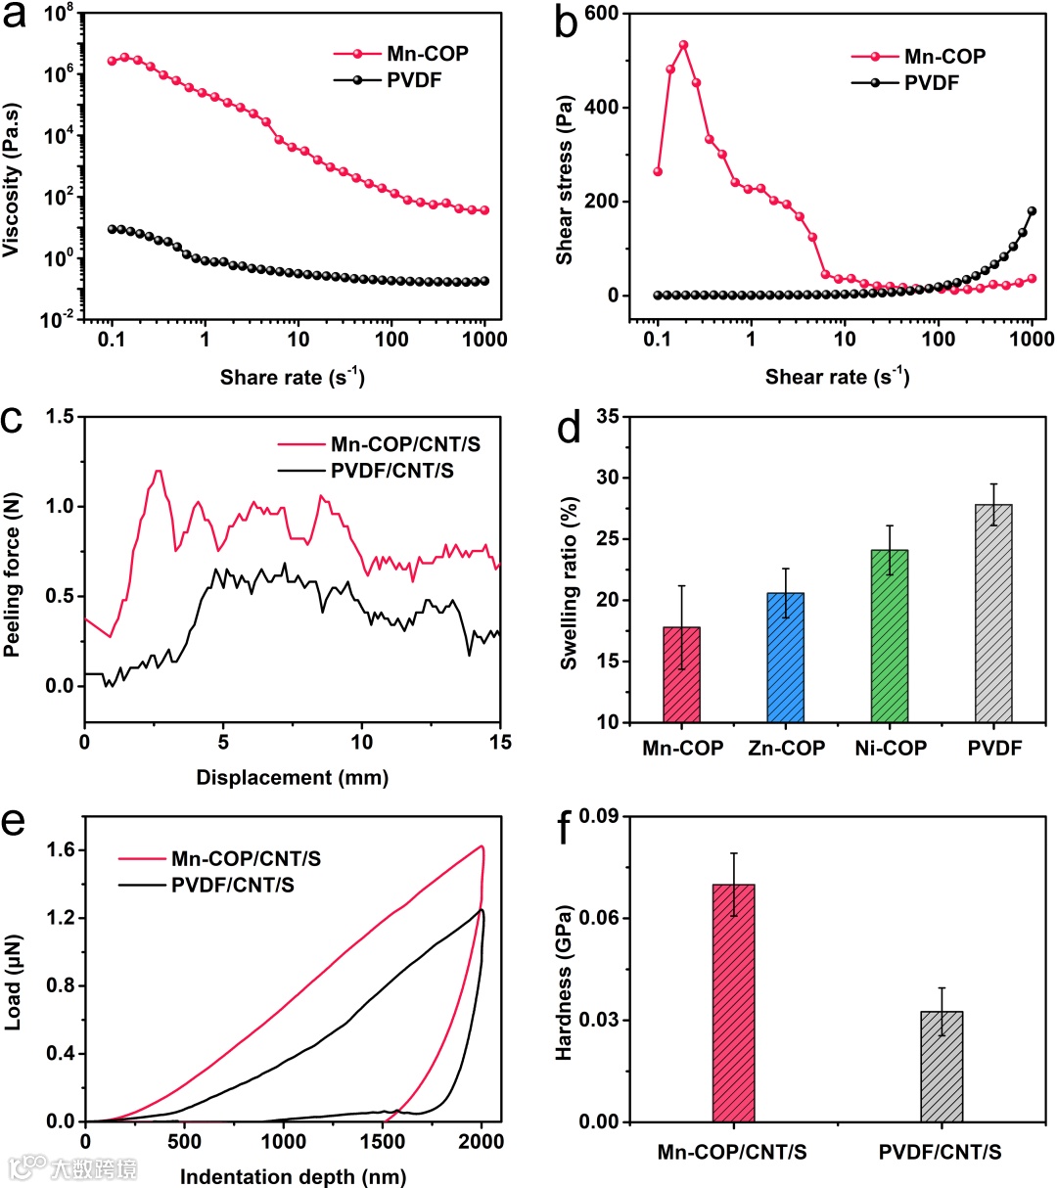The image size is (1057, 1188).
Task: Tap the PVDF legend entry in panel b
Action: [x=931, y=82]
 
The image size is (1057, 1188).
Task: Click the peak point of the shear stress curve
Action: [x=683, y=45]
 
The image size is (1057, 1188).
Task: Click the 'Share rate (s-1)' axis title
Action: [x=291, y=377]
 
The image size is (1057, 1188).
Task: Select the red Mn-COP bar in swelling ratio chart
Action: [x=682, y=674]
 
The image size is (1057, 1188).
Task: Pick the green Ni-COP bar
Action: [x=890, y=636]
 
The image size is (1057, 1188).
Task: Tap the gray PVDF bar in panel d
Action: [x=993, y=613]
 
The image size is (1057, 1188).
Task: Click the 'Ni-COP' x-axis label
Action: [x=890, y=749]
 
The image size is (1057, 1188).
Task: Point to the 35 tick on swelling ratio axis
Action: [x=611, y=417]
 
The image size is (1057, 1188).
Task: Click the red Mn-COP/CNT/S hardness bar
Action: [x=734, y=1002]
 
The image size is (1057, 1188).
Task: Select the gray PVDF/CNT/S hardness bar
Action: [x=942, y=1066]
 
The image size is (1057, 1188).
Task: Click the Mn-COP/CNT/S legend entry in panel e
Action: [x=246, y=859]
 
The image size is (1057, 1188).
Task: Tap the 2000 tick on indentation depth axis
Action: [x=481, y=1142]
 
